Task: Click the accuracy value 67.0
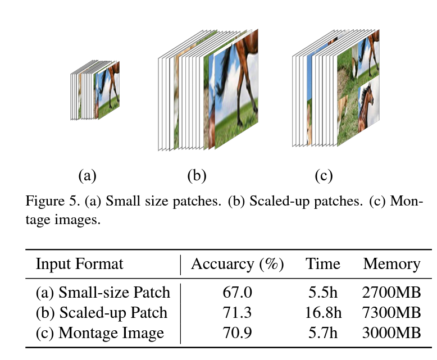238,293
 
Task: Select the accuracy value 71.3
238,313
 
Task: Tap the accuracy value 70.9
238,333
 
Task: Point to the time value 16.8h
323,313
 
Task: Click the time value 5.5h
323,293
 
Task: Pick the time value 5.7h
323,333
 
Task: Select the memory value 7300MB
392,313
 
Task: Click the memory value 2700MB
392,293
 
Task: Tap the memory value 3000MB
392,333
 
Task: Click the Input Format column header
79,264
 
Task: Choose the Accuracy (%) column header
238,264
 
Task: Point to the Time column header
323,264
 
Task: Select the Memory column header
392,264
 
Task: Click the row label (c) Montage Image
99,333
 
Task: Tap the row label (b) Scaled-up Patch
101,313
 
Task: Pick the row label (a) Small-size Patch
102,293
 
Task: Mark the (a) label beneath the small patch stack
87,176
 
